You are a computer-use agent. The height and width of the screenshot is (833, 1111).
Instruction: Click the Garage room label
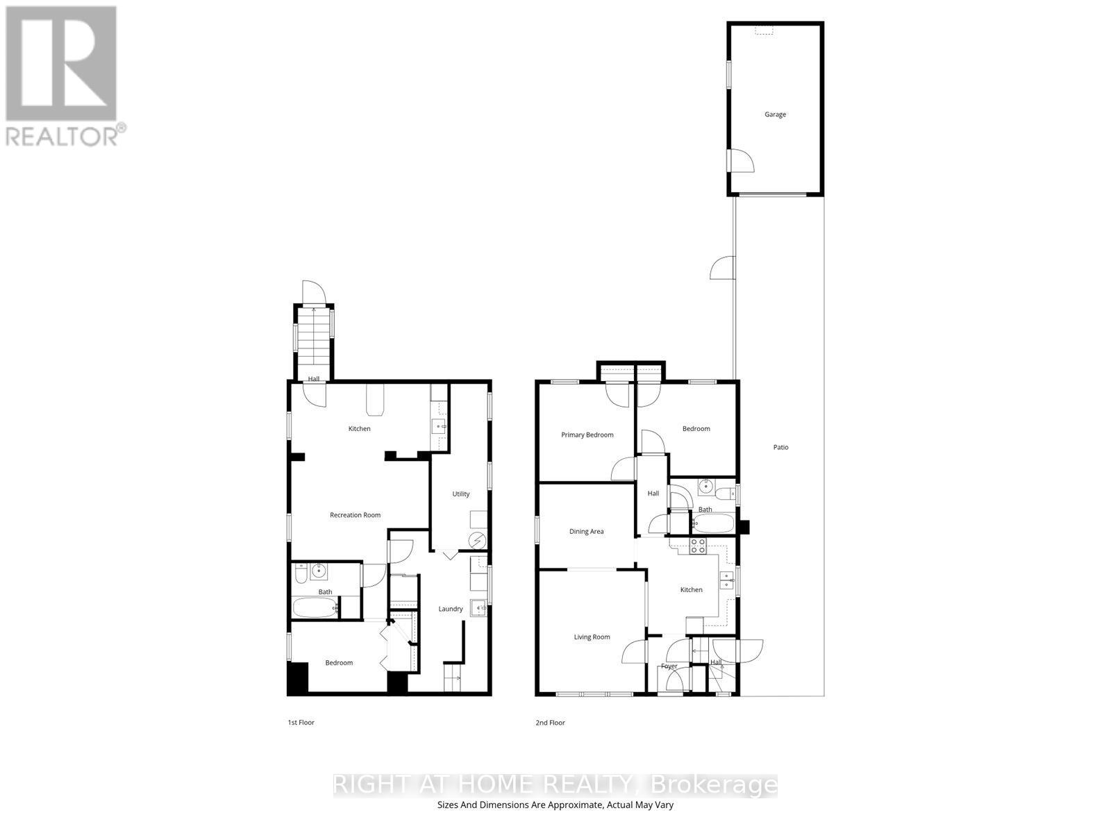click(775, 115)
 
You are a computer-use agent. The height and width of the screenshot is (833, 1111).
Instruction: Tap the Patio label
click(780, 447)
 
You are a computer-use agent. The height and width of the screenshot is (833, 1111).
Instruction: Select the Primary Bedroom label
click(587, 435)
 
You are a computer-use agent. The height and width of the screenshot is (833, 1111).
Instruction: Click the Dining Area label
click(586, 532)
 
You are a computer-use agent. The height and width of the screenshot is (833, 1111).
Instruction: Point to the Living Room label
click(592, 637)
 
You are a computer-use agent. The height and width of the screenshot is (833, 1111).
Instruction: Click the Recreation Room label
click(355, 515)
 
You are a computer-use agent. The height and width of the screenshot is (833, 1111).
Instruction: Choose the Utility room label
click(460, 494)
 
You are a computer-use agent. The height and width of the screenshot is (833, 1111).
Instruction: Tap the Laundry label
click(450, 609)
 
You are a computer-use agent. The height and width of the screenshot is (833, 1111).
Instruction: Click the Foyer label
click(669, 666)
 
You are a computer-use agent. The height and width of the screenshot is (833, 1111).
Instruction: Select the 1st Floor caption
click(301, 723)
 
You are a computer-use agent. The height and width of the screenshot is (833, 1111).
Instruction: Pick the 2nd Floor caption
click(550, 723)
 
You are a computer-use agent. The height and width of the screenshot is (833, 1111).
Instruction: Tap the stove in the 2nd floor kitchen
click(698, 546)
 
